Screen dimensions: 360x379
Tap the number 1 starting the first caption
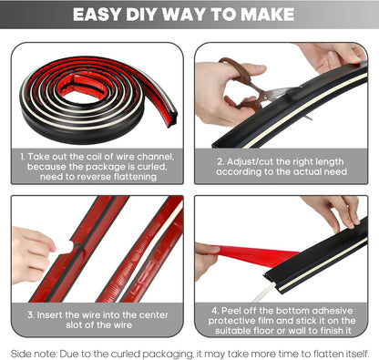pyautogui.click(x=23, y=158)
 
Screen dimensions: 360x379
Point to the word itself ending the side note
pyautogui.click(x=352, y=351)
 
